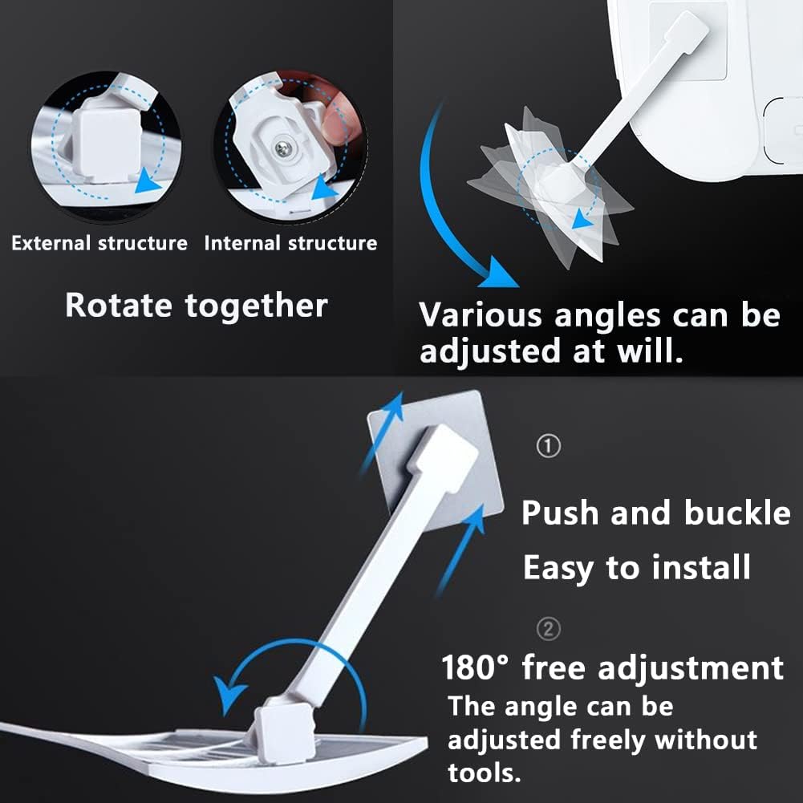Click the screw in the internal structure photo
[283, 149]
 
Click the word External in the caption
[51, 243]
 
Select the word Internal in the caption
[242, 243]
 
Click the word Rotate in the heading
[119, 305]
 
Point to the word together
[256, 306]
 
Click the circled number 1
[549, 446]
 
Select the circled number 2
[549, 628]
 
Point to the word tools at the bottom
[484, 773]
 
